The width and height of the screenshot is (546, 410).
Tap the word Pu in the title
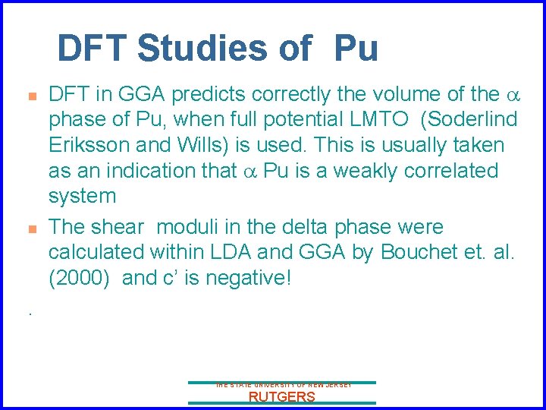coord(356,49)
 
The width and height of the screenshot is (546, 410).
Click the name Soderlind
coord(470,120)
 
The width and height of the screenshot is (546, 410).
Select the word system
coord(82,196)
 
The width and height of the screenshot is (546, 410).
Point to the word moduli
coord(199,227)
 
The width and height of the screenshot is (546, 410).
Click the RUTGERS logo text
coord(281,397)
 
